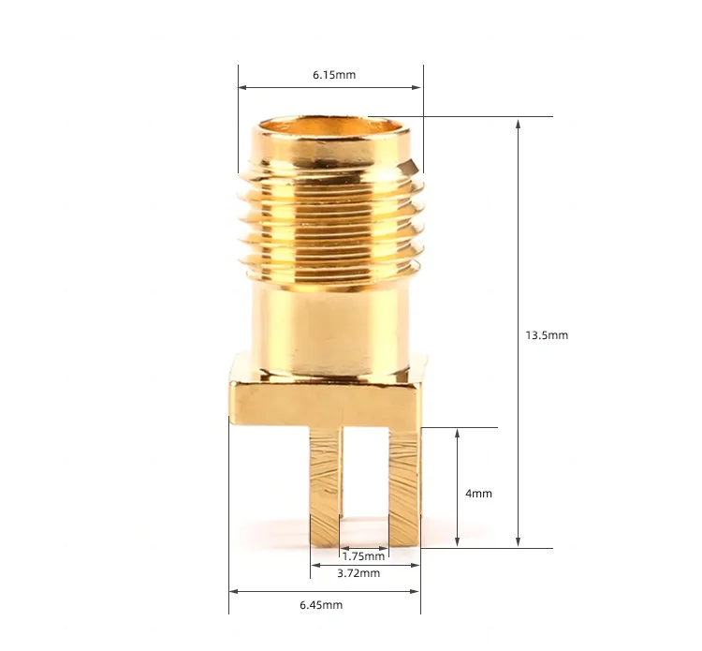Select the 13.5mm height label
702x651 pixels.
point(548,334)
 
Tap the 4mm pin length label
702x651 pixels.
point(477,494)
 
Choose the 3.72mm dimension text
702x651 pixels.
point(360,572)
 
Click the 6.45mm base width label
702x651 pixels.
point(321,605)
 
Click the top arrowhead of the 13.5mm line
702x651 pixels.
point(519,122)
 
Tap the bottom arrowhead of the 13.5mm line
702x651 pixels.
point(519,542)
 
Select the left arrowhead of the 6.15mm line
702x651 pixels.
point(243,88)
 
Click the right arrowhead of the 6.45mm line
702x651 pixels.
point(415,590)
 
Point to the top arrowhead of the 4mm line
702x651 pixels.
point(457,433)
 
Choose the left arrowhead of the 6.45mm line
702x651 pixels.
point(235,590)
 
